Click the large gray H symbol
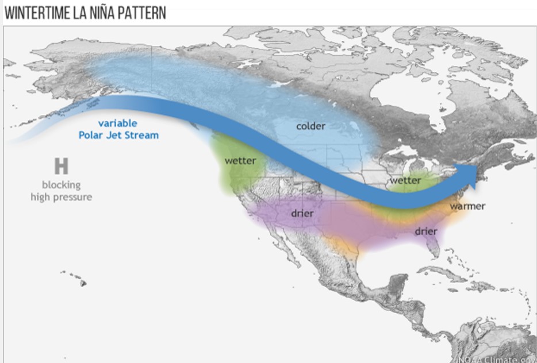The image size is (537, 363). point(61,167)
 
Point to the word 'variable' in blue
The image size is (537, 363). point(117,123)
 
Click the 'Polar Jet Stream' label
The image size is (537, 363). point(118,136)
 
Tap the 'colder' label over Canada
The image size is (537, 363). point(310,126)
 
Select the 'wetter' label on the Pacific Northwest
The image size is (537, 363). point(240,160)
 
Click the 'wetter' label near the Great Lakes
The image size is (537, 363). point(405,180)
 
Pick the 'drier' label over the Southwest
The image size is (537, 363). point(302,214)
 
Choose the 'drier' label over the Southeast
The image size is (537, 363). point(426,231)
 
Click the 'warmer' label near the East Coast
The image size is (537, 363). point(467,206)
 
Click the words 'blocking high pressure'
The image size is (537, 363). point(61,191)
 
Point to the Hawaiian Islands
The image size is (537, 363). point(78,279)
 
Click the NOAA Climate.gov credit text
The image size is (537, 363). point(496,358)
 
